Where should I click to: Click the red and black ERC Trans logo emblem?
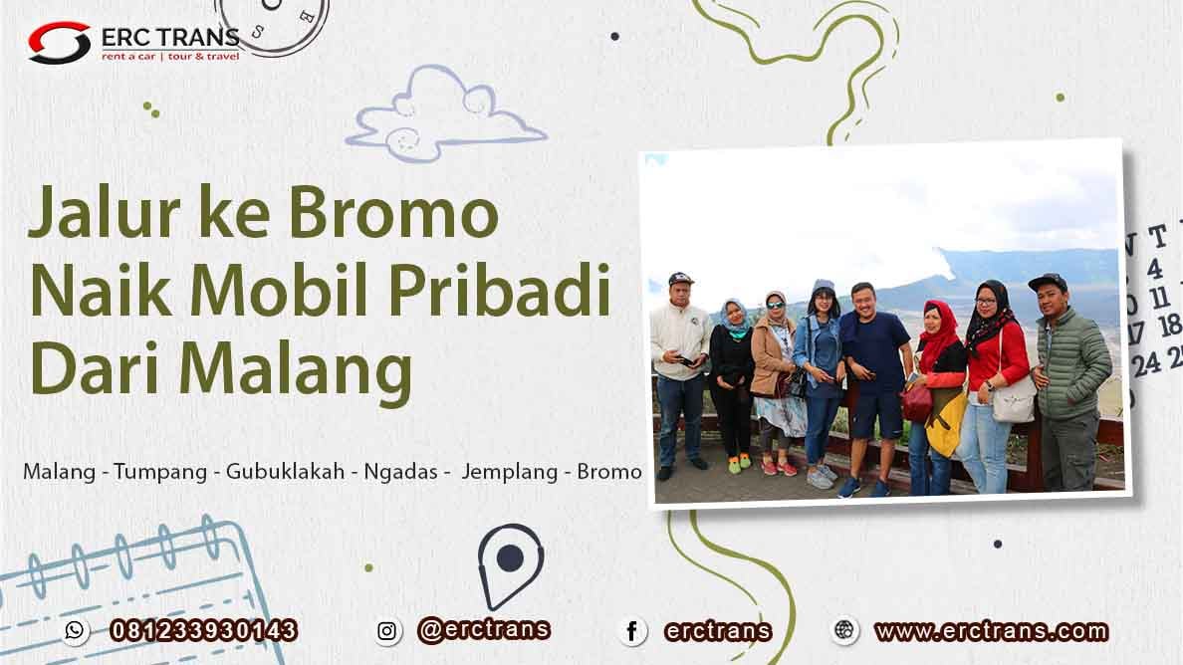coord(59,43)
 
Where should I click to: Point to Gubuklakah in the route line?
coord(281,472)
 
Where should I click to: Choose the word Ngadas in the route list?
coord(401,472)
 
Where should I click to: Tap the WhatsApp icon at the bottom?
coord(75,630)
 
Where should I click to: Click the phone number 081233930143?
coord(203,630)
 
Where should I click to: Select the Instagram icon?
coord(388,630)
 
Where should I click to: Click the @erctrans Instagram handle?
coord(484,629)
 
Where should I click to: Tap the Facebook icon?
coord(630,630)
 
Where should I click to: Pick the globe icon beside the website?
coord(844,630)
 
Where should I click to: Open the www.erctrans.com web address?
coord(990,630)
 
